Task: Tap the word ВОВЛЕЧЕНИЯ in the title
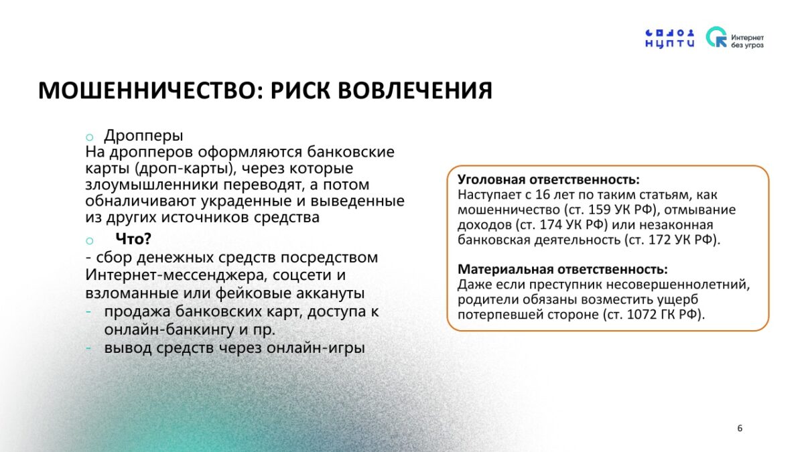click(x=415, y=90)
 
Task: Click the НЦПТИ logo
click(x=670, y=38)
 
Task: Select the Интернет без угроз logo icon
click(x=716, y=37)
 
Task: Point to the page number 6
click(x=740, y=428)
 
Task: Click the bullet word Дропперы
click(x=143, y=135)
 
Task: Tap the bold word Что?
click(x=133, y=238)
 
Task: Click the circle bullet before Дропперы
click(x=89, y=137)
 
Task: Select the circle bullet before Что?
click(x=89, y=240)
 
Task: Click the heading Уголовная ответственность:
click(x=549, y=179)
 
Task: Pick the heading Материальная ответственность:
click(x=562, y=269)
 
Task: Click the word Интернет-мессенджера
click(x=177, y=275)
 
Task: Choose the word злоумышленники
click(x=152, y=185)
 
